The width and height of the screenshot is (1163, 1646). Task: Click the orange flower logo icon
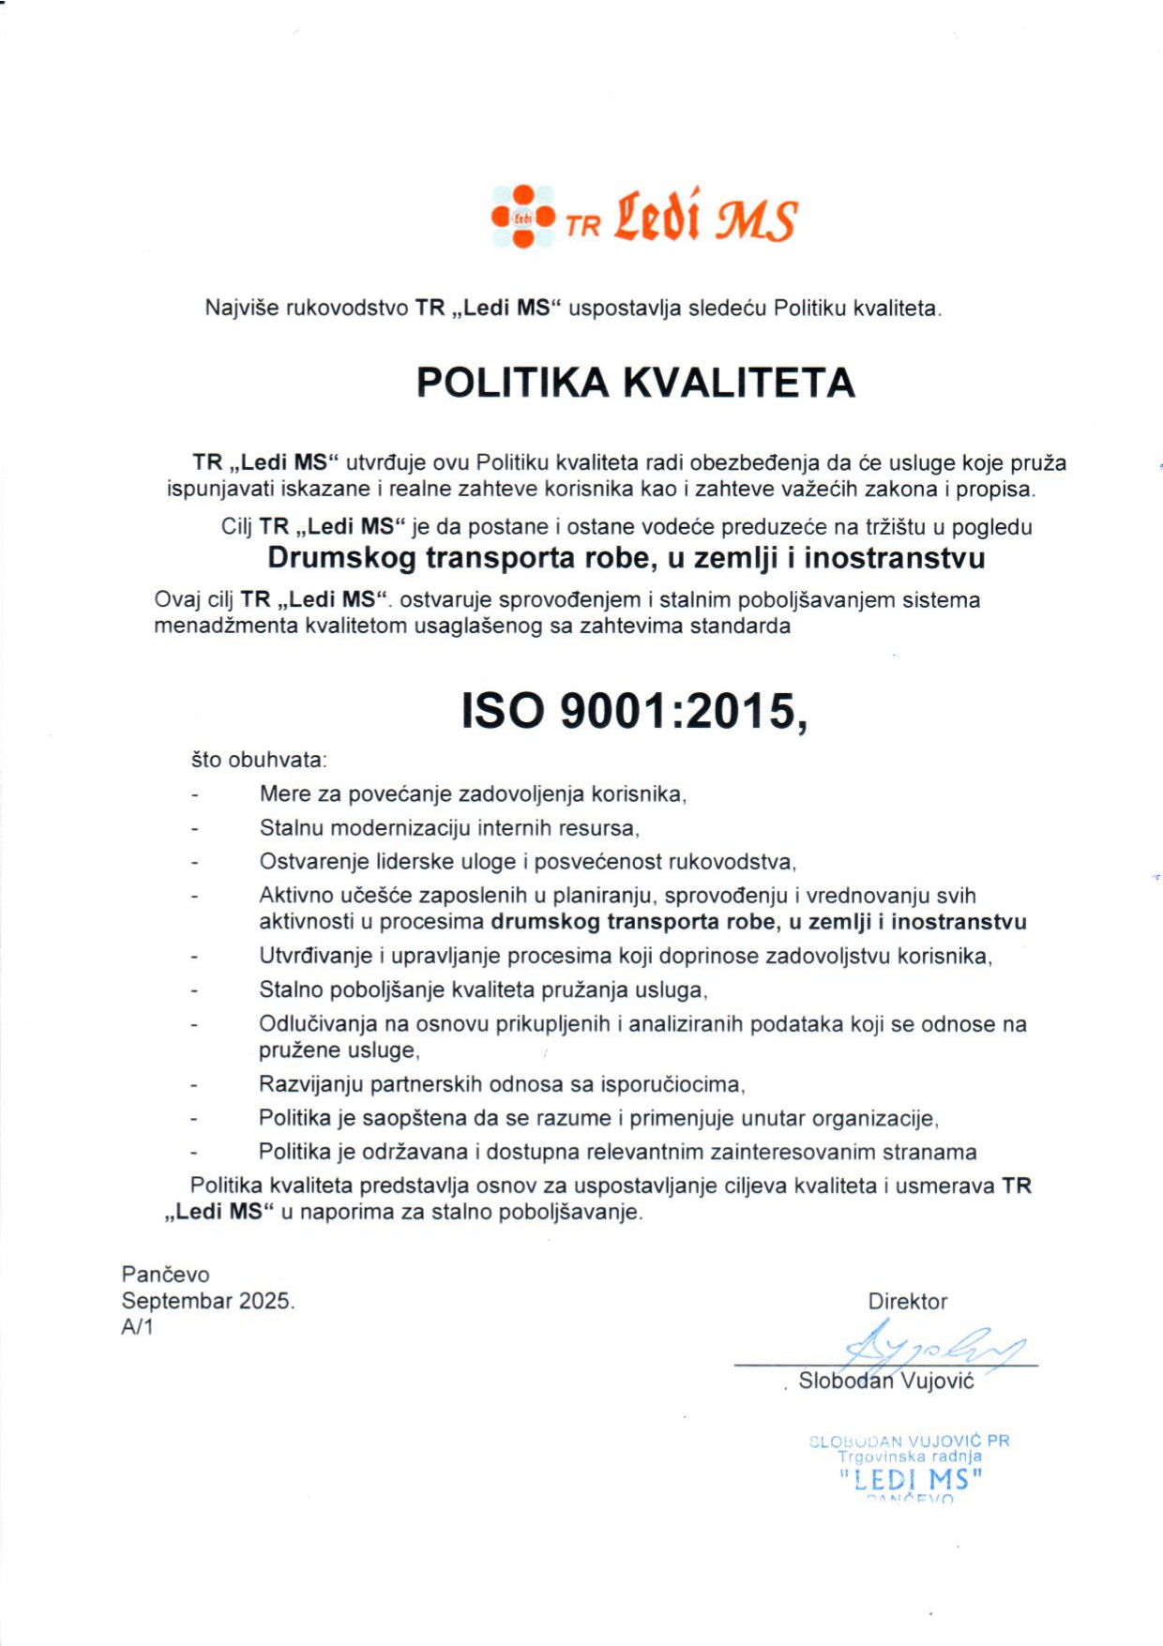(523, 217)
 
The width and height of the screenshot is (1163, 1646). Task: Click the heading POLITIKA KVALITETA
(635, 383)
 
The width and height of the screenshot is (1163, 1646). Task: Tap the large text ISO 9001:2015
(634, 711)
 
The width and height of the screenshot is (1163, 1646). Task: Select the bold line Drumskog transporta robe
(626, 558)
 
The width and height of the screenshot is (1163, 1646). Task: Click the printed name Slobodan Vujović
(885, 1381)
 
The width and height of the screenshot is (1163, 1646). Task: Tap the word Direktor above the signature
(907, 1302)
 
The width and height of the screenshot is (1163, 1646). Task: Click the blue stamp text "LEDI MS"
(910, 1480)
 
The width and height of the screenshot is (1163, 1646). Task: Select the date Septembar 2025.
(207, 1301)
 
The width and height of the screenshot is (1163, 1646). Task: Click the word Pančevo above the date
(165, 1275)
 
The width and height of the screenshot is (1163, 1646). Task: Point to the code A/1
(137, 1327)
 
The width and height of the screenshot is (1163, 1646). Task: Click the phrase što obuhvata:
(259, 760)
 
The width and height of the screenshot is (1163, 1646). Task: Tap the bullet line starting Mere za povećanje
(473, 794)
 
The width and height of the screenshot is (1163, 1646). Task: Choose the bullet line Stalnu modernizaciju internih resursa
(448, 828)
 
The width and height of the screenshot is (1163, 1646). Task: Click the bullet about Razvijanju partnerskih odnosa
(501, 1085)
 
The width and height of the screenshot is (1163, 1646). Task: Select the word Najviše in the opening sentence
(242, 308)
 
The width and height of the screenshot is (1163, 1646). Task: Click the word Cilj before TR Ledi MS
(236, 527)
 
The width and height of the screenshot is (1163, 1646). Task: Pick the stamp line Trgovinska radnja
(909, 1457)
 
